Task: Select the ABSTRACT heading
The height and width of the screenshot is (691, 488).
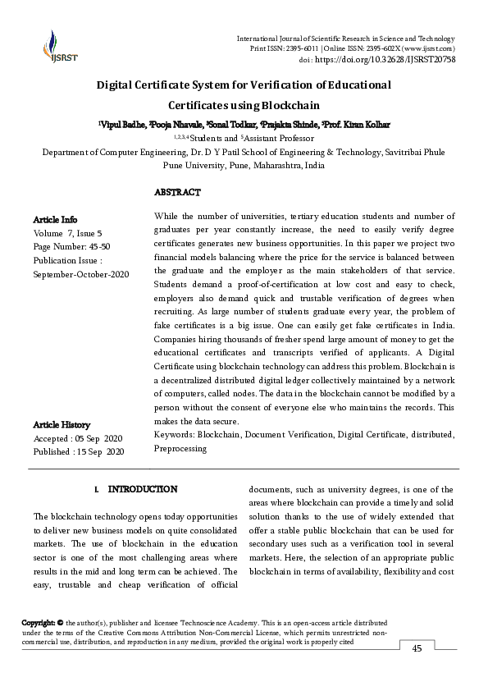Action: [177, 192]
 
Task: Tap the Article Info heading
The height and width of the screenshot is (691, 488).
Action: [55, 219]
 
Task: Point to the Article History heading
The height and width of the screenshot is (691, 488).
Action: [62, 424]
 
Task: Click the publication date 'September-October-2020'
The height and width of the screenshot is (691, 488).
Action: [81, 273]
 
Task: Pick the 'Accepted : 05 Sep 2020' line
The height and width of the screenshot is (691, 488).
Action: [78, 438]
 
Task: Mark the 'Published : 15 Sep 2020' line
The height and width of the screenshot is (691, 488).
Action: [79, 451]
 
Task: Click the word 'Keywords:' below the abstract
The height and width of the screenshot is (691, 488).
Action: [174, 435]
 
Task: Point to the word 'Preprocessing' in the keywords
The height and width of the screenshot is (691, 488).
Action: [180, 449]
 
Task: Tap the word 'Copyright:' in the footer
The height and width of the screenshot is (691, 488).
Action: [39, 624]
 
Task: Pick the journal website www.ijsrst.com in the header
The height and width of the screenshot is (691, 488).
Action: [423, 49]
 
